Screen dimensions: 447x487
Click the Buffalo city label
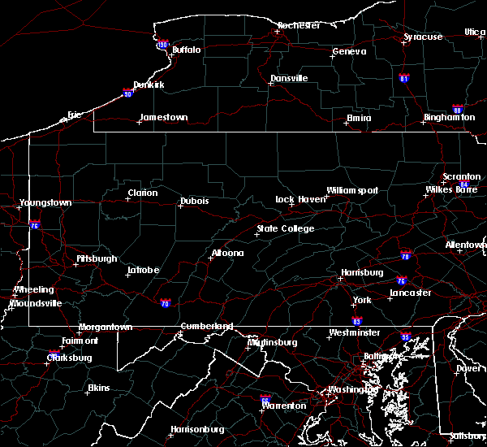186,50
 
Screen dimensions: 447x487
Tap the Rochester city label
300,25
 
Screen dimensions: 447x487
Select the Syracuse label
423,37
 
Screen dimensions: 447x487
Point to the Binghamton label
449,118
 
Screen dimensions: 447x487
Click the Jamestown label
163,117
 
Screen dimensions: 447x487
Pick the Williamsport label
352,190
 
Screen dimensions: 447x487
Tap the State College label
285,228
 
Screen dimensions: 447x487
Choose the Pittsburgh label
97,258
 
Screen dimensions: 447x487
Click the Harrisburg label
361,272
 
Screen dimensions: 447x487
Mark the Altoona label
227,253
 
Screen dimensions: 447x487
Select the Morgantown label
105,327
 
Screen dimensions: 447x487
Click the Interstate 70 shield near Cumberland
166,303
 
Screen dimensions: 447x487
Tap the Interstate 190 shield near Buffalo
162,46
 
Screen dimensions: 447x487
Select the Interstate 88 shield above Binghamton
458,108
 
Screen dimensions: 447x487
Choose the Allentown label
466,245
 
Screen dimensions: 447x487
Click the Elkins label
98,388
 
